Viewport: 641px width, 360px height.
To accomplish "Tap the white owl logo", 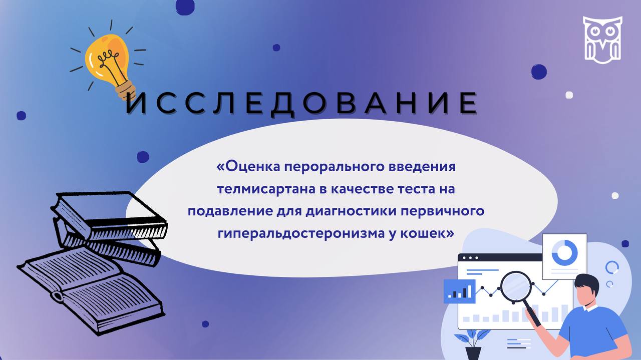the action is (x=602, y=40).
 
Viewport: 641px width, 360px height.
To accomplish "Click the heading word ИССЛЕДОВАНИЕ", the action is (x=301, y=104).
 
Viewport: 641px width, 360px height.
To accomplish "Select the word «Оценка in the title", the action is (x=248, y=167).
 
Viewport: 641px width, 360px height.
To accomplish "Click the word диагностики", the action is (x=351, y=211).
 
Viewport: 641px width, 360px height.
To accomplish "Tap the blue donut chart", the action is (x=564, y=252).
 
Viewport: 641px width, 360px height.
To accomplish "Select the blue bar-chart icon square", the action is (x=459, y=291).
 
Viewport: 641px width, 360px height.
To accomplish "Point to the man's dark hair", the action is (x=586, y=285).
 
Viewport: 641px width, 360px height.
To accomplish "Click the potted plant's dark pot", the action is (x=473, y=353).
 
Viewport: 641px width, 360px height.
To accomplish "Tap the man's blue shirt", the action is (x=595, y=332).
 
